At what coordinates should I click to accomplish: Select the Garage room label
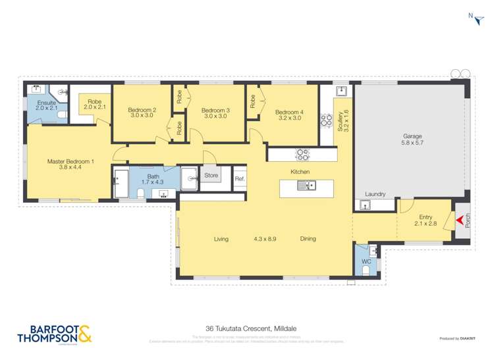click(412, 140)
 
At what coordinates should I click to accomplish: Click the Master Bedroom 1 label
click(70, 165)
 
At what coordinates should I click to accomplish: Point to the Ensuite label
click(46, 106)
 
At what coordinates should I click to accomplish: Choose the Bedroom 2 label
click(142, 113)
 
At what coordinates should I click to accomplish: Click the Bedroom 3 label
click(215, 113)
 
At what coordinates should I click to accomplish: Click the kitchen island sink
click(306, 186)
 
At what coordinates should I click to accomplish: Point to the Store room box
click(211, 176)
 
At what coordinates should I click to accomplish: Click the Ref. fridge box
click(240, 178)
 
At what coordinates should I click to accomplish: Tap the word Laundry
click(374, 195)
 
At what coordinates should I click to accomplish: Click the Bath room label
click(153, 180)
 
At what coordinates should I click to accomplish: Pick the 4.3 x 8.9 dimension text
click(265, 239)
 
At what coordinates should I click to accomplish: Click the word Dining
click(308, 239)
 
